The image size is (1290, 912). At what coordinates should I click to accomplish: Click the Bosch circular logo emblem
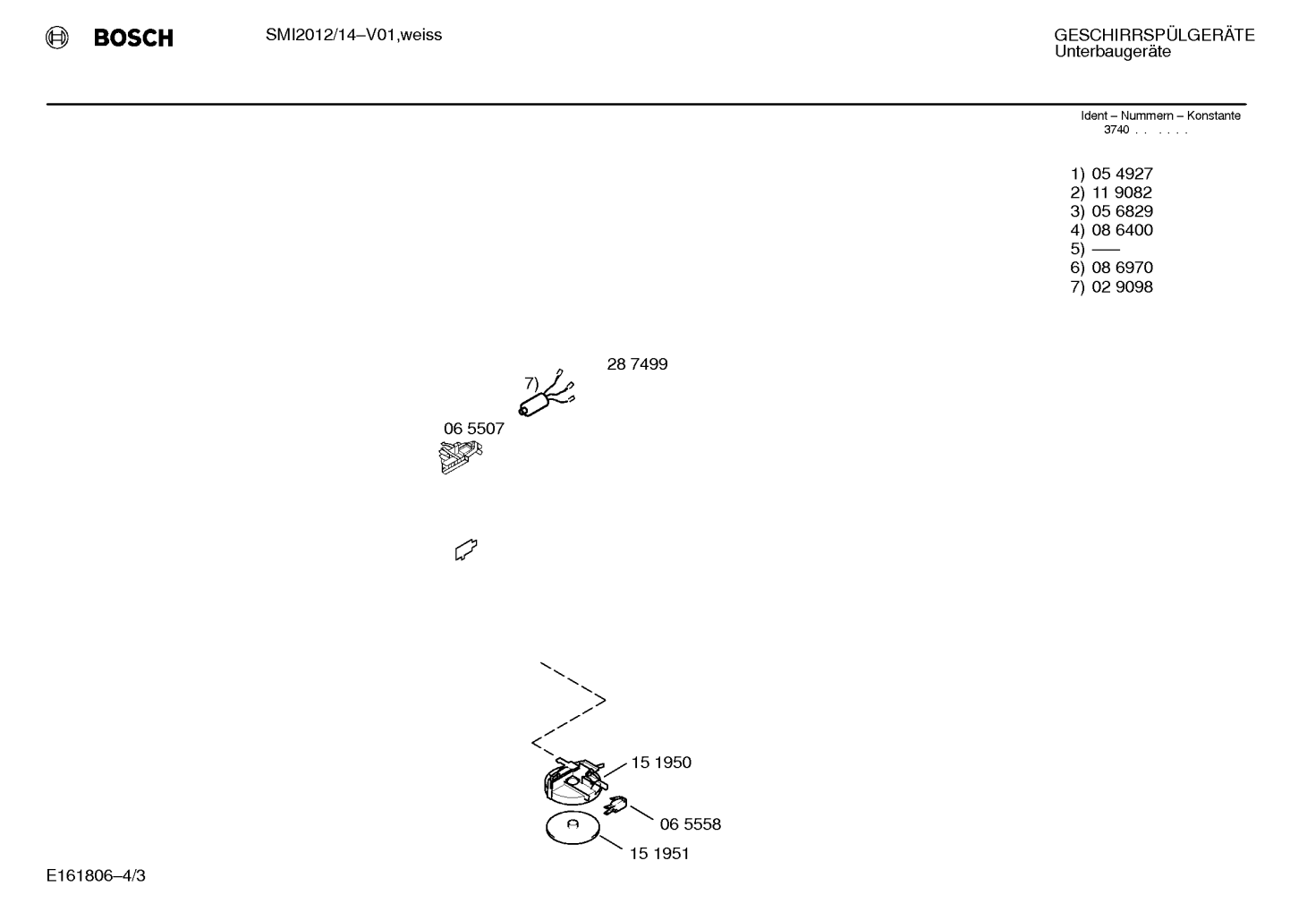click(57, 38)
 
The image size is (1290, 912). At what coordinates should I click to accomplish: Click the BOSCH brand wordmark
click(133, 38)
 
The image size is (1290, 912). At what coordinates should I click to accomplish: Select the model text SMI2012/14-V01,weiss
click(353, 35)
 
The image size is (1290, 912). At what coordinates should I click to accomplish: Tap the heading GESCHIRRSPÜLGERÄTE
click(1154, 35)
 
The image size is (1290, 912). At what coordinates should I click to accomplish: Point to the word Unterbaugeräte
click(1113, 51)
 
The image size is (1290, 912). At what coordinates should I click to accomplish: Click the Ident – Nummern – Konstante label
click(1160, 115)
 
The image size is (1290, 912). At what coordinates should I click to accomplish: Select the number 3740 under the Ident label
click(1116, 130)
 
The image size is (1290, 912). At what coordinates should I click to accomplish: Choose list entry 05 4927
click(1122, 174)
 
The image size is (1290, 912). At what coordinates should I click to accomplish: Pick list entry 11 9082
click(1122, 192)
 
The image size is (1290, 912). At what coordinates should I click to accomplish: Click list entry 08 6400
click(1122, 230)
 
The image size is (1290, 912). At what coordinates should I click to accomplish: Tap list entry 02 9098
click(1122, 287)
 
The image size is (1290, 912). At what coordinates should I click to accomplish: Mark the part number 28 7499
click(637, 364)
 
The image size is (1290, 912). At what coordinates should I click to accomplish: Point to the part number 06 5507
click(473, 429)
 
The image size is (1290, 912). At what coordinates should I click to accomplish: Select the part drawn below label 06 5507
click(460, 457)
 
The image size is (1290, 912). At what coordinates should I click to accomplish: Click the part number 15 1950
click(661, 763)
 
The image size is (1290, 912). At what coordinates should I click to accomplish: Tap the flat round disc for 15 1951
click(573, 828)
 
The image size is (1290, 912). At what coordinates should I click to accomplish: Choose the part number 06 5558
click(690, 824)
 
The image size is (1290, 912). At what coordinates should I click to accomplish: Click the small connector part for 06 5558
click(615, 805)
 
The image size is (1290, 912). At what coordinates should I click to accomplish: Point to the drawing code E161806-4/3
click(96, 875)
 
